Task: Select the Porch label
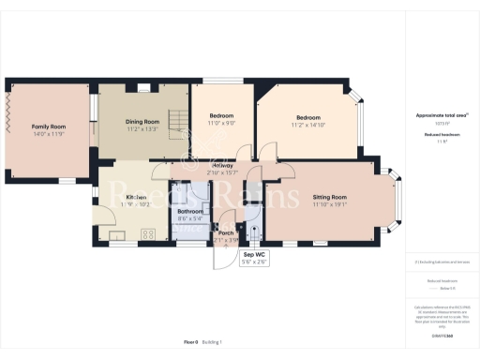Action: [x=225, y=232]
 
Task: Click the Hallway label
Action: [x=222, y=166]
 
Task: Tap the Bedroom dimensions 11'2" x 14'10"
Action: [x=307, y=125]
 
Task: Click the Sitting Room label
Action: [x=330, y=197]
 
